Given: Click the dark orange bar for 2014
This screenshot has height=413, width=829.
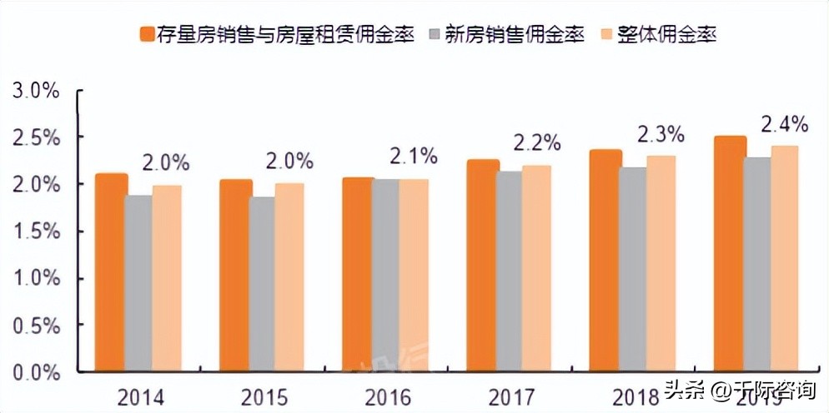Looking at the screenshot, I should pyautogui.click(x=110, y=272).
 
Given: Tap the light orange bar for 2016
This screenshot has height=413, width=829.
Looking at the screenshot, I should pyautogui.click(x=413, y=275).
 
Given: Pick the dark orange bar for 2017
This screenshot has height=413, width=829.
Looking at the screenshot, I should pyautogui.click(x=482, y=266).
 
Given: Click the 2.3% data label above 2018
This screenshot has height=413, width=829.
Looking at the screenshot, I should pyautogui.click(x=661, y=133).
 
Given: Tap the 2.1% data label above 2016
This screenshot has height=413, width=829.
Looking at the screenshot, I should pyautogui.click(x=414, y=156).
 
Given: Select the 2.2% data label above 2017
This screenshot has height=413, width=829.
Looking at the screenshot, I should pyautogui.click(x=536, y=143).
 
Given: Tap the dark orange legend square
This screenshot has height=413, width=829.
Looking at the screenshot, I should pyautogui.click(x=147, y=35).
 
